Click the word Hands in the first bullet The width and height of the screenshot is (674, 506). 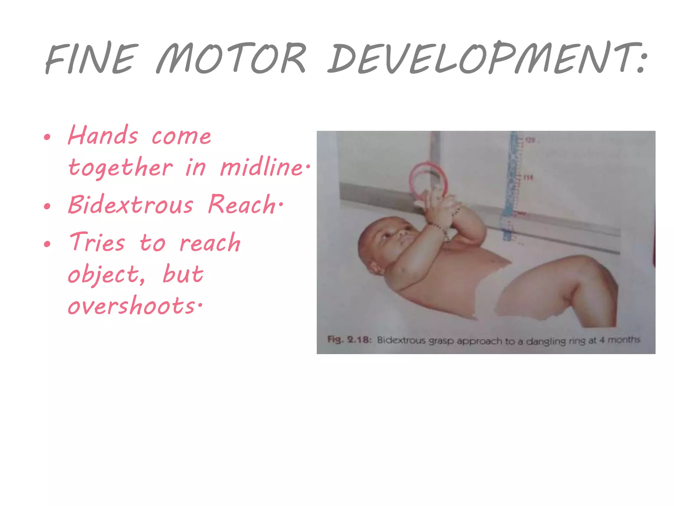pos(103,135)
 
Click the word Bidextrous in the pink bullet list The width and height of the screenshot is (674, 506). pos(130,205)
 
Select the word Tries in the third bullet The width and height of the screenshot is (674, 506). pos(97,242)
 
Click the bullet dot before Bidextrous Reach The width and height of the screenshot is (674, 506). pos(47,207)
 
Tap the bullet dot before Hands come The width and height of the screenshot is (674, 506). pos(47,137)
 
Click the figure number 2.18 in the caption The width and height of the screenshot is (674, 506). pos(359,340)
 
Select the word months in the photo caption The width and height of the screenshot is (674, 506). pos(624,340)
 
